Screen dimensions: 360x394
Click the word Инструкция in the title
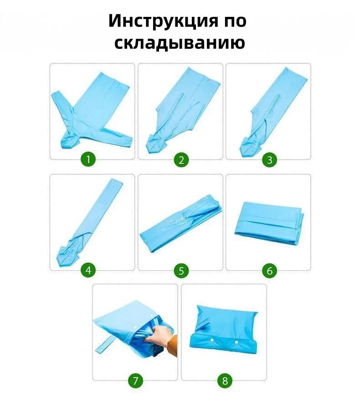click(x=164, y=21)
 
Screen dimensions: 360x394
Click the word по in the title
click(x=235, y=21)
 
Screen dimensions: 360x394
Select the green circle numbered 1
click(x=88, y=159)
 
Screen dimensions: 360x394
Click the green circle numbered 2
click(x=181, y=159)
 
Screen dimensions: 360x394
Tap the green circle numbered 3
click(x=269, y=159)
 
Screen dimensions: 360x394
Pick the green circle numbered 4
click(x=88, y=270)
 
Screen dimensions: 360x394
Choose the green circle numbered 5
click(x=181, y=270)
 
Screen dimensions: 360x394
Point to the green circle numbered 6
click(x=269, y=270)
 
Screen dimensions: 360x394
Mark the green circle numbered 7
click(x=135, y=380)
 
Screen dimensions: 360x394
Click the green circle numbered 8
click(x=225, y=380)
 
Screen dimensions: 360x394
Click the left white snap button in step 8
click(x=212, y=340)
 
